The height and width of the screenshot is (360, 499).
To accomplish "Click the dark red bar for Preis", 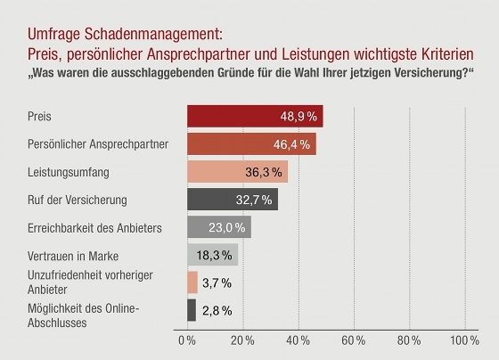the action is pyautogui.click(x=255, y=116).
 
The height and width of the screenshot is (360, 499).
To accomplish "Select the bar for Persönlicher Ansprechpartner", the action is pyautogui.click(x=251, y=143).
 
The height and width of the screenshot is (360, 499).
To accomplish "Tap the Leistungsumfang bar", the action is pyautogui.click(x=237, y=172).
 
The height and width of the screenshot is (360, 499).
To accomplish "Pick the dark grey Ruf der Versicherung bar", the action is pyautogui.click(x=233, y=200).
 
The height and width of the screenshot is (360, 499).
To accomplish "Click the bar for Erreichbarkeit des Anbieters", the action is pyautogui.click(x=219, y=227).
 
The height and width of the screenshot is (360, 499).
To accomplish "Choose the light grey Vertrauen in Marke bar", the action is pyautogui.click(x=213, y=255).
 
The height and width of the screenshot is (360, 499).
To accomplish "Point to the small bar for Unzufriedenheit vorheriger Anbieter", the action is pyautogui.click(x=192, y=282).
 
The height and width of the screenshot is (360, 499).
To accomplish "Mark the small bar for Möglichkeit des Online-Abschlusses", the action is pyautogui.click(x=192, y=310).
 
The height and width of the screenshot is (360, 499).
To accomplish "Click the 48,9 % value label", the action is pyautogui.click(x=299, y=117).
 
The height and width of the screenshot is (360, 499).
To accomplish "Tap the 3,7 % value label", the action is pyautogui.click(x=217, y=282).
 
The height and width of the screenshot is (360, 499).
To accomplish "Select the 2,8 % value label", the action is pyautogui.click(x=217, y=311).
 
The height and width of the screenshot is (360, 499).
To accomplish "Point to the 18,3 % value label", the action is pyautogui.click(x=214, y=255).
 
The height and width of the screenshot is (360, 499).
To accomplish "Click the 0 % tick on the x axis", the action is pyautogui.click(x=187, y=340).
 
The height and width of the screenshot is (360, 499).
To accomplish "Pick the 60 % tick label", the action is pyautogui.click(x=353, y=340).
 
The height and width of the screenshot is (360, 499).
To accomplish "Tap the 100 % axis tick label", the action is pyautogui.click(x=464, y=340).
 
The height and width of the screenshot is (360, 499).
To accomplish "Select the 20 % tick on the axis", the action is pyautogui.click(x=242, y=340).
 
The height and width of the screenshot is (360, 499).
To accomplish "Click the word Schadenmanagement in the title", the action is pyautogui.click(x=153, y=34).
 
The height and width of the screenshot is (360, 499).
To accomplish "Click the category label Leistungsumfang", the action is pyautogui.click(x=69, y=172).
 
